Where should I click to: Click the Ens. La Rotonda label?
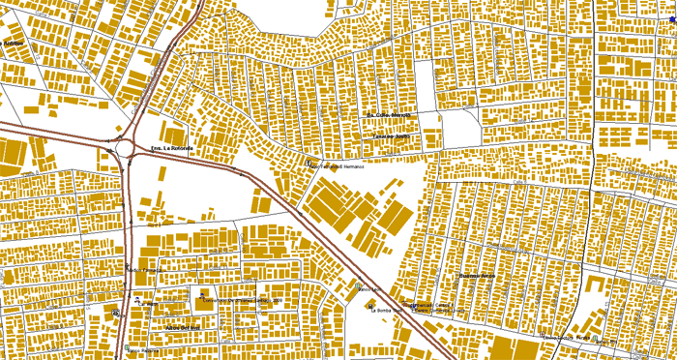pos(171,148)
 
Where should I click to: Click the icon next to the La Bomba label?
pos(369,307)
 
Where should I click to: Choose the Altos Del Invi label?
pos(181,327)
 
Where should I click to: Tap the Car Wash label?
pos(146,304)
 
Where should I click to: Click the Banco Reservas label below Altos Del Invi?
pos(144,349)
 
